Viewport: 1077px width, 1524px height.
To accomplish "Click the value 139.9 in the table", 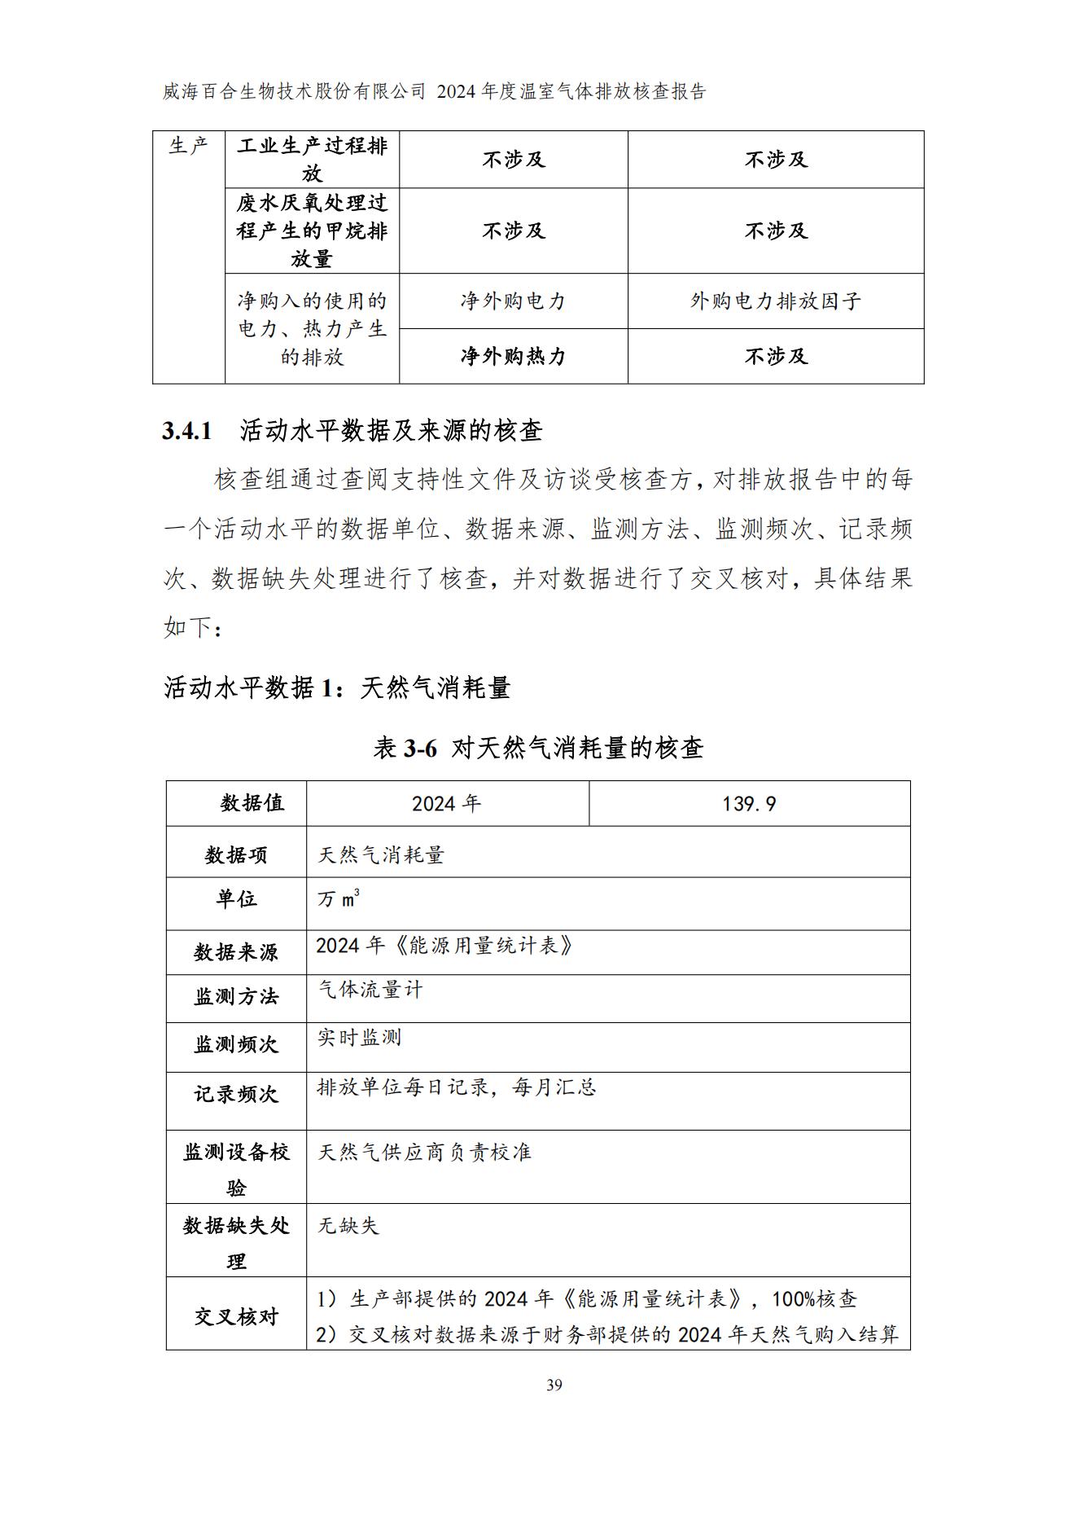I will [x=749, y=804].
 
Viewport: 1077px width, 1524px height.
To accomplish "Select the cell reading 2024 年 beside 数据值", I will [x=446, y=804].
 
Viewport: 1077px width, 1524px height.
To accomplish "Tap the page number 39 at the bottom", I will [x=554, y=1385].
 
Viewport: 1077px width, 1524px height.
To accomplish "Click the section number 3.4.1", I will [x=187, y=431].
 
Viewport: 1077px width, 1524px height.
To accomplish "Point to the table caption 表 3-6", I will [x=405, y=747].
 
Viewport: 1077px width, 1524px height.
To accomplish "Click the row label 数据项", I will [x=236, y=854].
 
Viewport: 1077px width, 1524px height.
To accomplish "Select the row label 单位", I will [x=236, y=898].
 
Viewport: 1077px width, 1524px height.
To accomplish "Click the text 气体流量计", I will [x=370, y=990].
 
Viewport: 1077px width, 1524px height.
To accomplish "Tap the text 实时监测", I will [x=360, y=1038].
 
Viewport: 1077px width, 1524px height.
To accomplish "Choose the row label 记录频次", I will [x=236, y=1094].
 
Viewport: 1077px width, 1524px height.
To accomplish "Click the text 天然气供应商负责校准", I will [x=424, y=1152].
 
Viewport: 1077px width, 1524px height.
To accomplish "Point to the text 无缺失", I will [x=348, y=1225].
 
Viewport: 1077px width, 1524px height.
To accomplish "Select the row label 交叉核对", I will [x=236, y=1316].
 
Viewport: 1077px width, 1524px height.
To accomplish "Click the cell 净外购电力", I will [x=513, y=301].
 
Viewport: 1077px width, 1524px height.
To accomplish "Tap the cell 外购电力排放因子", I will [x=776, y=301].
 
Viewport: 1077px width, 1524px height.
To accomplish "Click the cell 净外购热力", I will [x=513, y=356].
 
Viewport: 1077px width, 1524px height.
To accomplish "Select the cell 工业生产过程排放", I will [x=312, y=160].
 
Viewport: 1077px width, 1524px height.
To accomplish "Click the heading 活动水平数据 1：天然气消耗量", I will [x=337, y=687].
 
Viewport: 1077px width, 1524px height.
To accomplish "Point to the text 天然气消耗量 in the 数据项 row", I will [x=381, y=854].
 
